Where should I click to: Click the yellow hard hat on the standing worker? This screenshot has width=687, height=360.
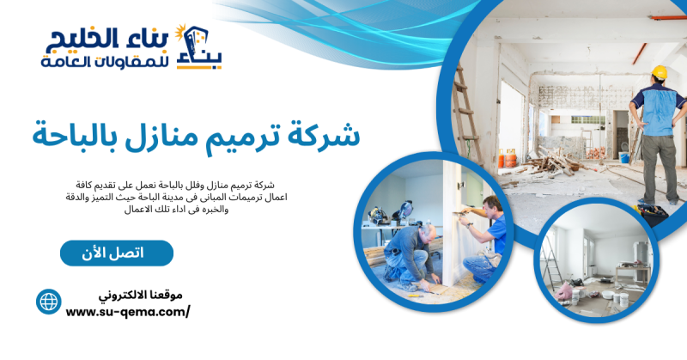[x=659, y=72]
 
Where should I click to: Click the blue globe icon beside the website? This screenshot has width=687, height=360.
[x=48, y=301]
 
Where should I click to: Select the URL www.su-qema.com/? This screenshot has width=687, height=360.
[x=128, y=312]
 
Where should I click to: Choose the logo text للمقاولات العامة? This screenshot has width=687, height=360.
[x=94, y=61]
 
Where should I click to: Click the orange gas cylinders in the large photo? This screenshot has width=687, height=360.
[x=509, y=158]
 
